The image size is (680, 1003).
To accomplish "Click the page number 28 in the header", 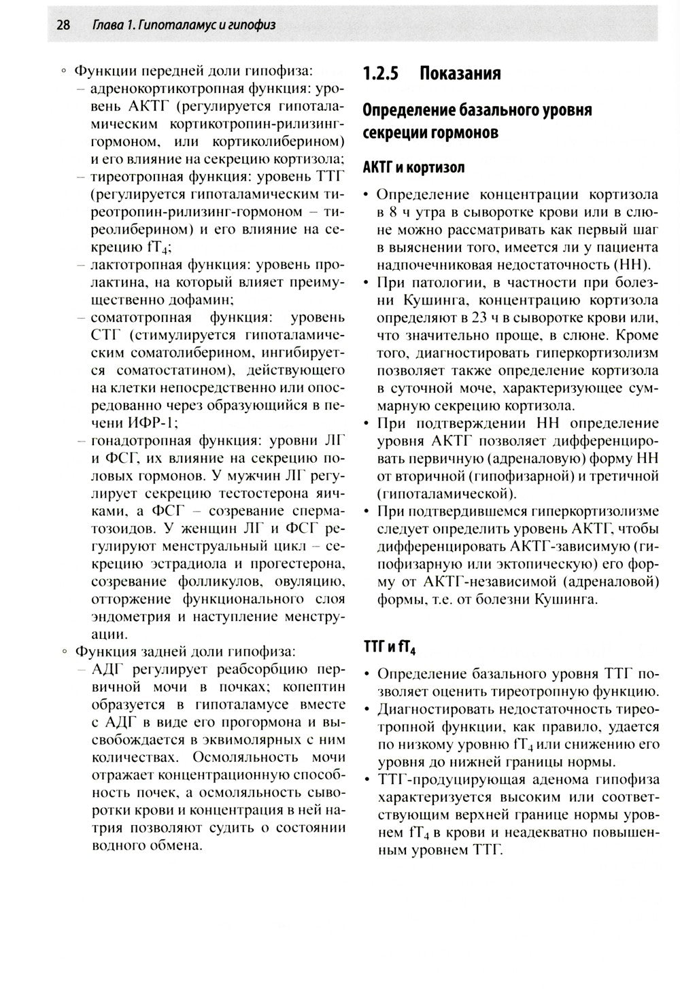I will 64,25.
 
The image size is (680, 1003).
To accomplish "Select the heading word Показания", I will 460,73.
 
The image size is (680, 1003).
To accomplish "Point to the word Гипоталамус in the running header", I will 170,25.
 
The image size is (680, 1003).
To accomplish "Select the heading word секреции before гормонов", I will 392,133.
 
